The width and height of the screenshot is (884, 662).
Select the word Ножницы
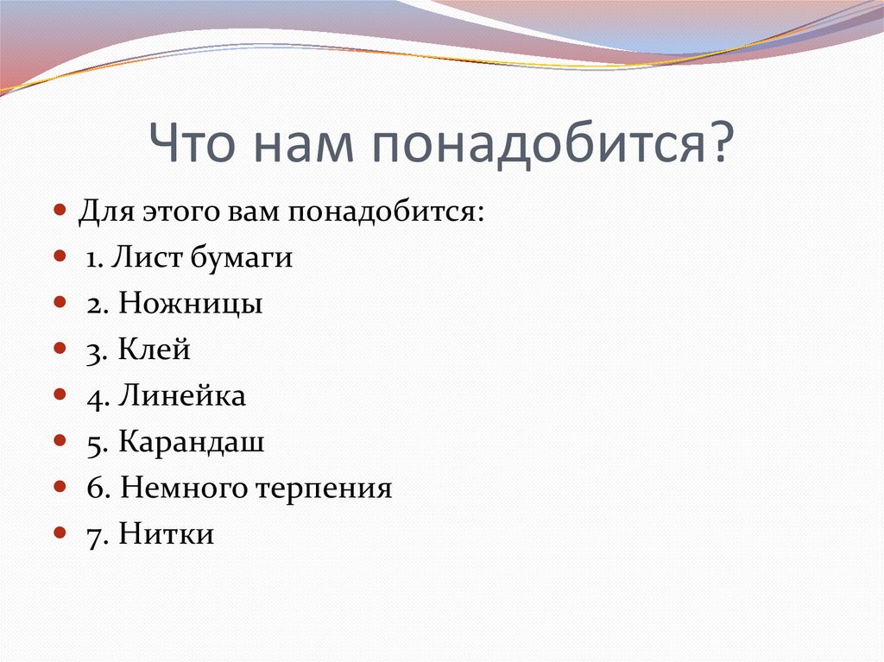[x=191, y=305]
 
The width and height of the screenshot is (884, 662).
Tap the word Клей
[x=155, y=350]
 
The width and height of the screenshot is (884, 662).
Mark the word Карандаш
[x=192, y=443]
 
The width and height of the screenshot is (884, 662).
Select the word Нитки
[x=167, y=535]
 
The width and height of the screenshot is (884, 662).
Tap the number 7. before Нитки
[x=96, y=535]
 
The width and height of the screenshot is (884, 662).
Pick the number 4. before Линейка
[x=96, y=396]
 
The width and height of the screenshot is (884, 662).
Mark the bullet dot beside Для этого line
[x=59, y=211]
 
